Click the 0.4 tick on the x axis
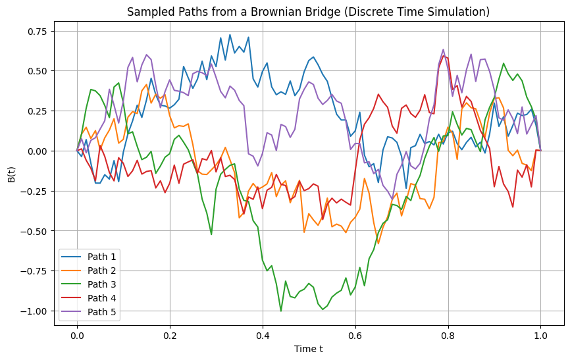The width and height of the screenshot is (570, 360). pyautogui.click(x=263, y=335)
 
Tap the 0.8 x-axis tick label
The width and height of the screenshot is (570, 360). pyautogui.click(x=448, y=335)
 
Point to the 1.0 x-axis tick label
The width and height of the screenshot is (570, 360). pyautogui.click(x=541, y=335)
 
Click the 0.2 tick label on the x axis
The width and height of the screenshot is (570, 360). pyautogui.click(x=170, y=335)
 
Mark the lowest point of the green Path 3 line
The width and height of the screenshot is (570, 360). pyautogui.click(x=281, y=311)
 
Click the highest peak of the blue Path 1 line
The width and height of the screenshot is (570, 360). pyautogui.click(x=230, y=35)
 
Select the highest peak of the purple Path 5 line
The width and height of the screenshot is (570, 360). pyautogui.click(x=443, y=49)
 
